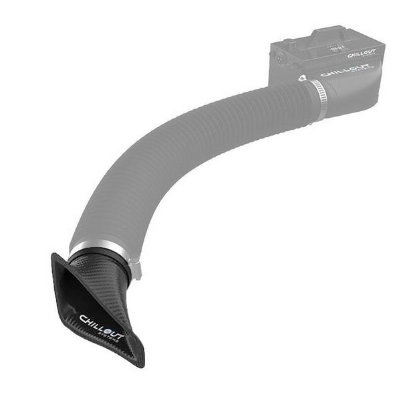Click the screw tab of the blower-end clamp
(x=303, y=80)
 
